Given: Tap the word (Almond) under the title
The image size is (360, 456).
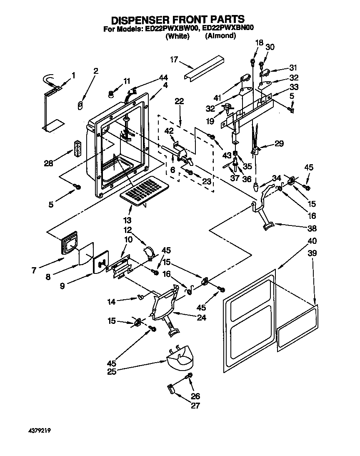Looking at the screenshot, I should [x=220, y=36].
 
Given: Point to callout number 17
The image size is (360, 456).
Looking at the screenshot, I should [x=174, y=60].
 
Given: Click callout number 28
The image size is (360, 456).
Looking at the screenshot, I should [x=49, y=163].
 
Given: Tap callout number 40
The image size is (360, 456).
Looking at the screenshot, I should [x=312, y=241].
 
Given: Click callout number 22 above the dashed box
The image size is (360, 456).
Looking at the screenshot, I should [x=179, y=101].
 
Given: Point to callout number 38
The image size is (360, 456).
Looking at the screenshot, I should [x=312, y=228].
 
